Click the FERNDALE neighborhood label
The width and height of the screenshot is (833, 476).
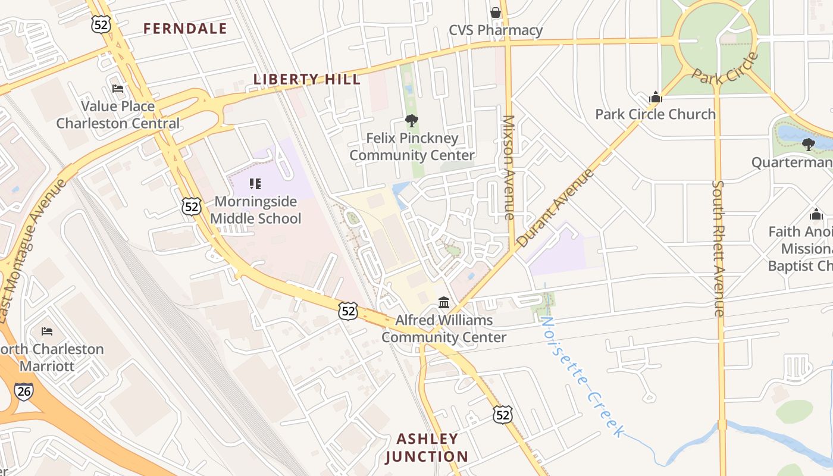[x=185, y=29]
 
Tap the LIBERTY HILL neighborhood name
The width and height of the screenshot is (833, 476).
[x=307, y=79]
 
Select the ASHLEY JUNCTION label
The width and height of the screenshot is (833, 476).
[x=427, y=447]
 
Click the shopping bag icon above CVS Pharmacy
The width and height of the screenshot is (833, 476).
[x=495, y=12]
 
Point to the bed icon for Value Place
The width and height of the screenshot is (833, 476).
[x=118, y=89]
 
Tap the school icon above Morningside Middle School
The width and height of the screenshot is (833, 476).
[x=255, y=183]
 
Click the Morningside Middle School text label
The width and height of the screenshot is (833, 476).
[x=256, y=210]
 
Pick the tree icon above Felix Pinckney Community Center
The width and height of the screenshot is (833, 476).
[x=411, y=121]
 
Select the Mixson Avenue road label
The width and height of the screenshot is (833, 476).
[x=508, y=168]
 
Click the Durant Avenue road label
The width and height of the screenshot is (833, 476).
[x=555, y=208]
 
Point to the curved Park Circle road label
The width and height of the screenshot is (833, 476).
[x=725, y=69]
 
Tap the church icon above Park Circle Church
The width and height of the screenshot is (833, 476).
[x=655, y=97]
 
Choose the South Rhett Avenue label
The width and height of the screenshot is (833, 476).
[x=719, y=249]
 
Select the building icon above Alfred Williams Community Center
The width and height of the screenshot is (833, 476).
[x=444, y=303]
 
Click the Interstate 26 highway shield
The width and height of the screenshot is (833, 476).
[x=24, y=391]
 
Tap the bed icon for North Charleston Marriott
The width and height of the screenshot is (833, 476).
[x=47, y=331]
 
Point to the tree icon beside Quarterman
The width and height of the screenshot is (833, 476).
[x=808, y=144]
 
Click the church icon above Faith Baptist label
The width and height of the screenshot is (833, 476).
[x=816, y=214]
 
